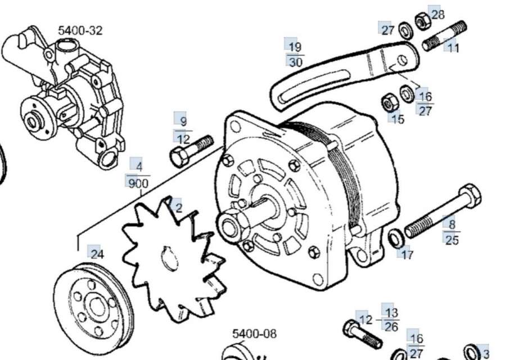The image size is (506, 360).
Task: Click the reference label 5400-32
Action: [80, 30]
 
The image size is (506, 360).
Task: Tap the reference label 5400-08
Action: [255, 334]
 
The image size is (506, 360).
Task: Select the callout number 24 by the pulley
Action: [97, 254]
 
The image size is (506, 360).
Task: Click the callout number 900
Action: [138, 183]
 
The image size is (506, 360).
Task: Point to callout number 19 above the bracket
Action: [295, 47]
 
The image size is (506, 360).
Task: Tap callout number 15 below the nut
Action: [397, 119]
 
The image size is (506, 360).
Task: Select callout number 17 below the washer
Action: [408, 255]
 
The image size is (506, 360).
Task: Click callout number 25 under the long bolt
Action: [451, 240]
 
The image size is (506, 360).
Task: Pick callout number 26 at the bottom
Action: [392, 326]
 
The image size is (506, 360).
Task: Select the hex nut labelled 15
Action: [388, 102]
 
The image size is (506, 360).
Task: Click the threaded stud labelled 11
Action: [448, 37]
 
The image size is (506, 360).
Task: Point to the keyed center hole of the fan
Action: [167, 260]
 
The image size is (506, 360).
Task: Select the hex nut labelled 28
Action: [422, 21]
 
